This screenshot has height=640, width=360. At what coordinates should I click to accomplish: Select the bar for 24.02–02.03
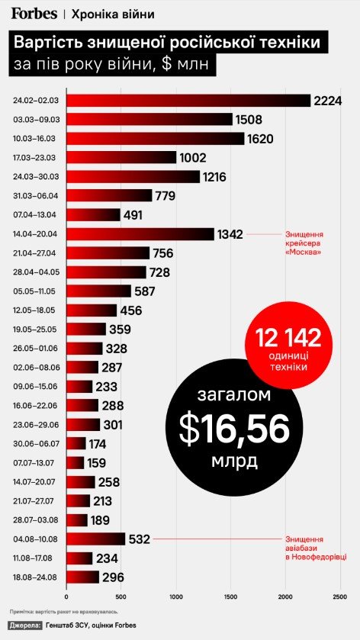pyautogui.click(x=188, y=101)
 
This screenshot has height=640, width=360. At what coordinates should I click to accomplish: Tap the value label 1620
pyautogui.click(x=259, y=139)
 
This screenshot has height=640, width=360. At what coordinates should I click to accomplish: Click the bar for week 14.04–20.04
pyautogui.click(x=140, y=233)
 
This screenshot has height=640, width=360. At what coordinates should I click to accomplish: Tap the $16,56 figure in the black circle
pyautogui.click(x=234, y=430)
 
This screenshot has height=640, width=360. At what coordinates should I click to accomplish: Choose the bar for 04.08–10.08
pyautogui.click(x=95, y=539)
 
